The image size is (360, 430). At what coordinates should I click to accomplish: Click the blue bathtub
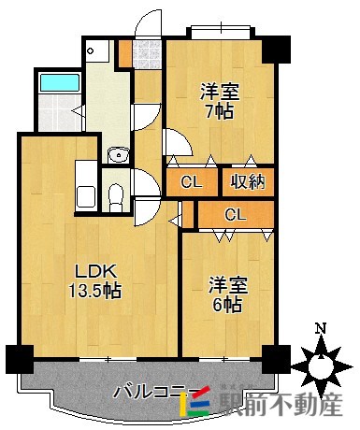tap(60, 82)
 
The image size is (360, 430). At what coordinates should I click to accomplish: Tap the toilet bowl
tap(116, 197)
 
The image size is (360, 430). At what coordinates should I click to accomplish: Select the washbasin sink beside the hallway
tap(118, 154)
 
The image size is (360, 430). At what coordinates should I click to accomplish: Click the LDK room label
tap(96, 272)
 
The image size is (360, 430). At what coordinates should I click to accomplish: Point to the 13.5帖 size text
tap(94, 291)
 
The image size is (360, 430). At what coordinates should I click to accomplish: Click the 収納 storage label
tap(248, 181)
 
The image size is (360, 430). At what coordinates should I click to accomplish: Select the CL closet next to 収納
tap(192, 182)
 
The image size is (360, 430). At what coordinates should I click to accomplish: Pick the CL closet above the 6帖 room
tap(236, 214)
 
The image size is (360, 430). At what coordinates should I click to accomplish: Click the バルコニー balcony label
tap(155, 392)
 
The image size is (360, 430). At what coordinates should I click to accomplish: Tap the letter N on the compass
tap(321, 328)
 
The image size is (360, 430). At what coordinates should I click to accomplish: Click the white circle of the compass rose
tap(321, 366)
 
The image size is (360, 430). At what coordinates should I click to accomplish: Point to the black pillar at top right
tap(276, 50)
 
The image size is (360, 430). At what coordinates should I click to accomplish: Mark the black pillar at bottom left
tap(20, 359)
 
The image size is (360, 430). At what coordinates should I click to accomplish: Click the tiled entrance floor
tap(147, 54)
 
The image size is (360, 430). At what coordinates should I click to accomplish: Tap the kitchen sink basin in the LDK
tap(86, 197)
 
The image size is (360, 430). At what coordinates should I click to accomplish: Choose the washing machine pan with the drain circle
tap(97, 50)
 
